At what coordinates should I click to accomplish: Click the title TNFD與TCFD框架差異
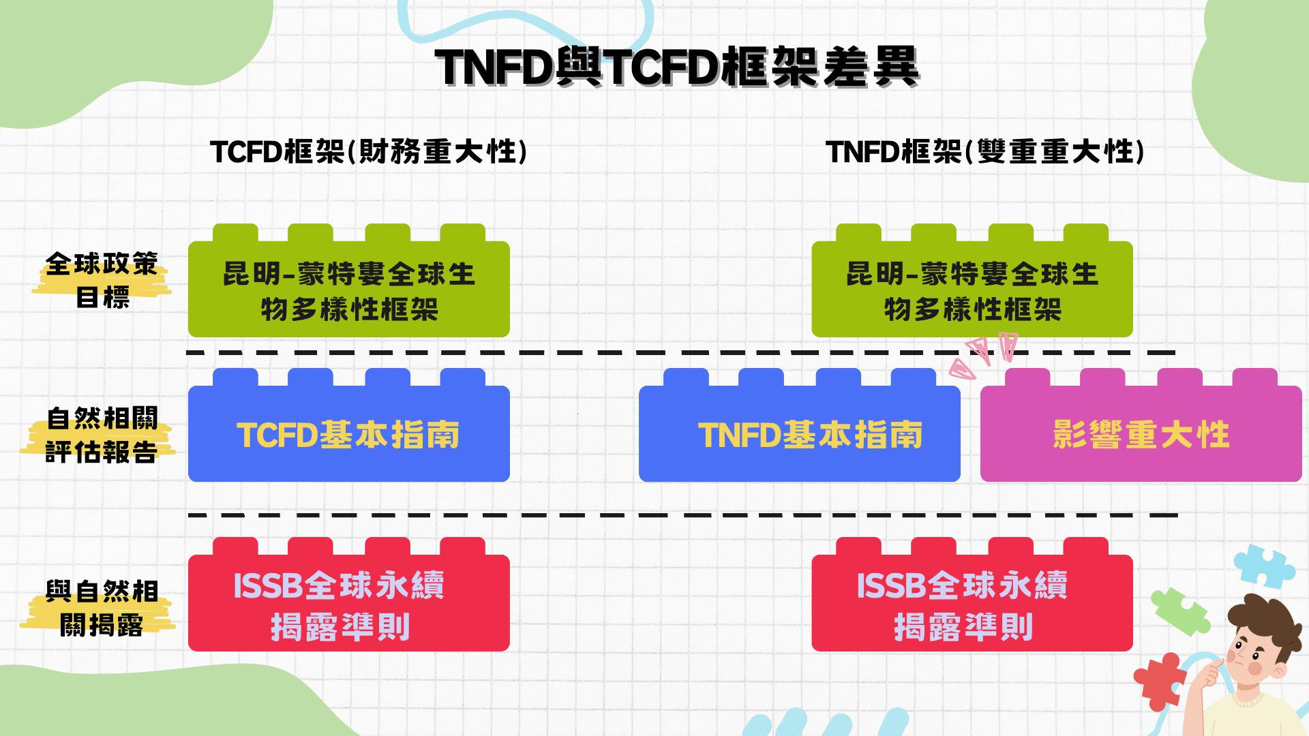[x=677, y=67]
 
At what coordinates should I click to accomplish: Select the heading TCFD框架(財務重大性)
[x=369, y=151]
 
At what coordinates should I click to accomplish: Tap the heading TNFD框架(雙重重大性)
[x=984, y=151]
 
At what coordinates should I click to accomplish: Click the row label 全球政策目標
[x=102, y=280]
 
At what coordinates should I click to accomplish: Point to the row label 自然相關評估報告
[x=102, y=435]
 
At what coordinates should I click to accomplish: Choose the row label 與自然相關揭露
[x=102, y=608]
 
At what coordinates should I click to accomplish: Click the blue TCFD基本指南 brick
[x=348, y=434]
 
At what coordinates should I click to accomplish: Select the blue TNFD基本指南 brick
[x=799, y=434]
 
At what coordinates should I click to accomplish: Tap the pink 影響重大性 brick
[x=1141, y=434]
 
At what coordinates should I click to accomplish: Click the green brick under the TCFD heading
[x=348, y=290]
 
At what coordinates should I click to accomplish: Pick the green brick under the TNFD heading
[x=972, y=290]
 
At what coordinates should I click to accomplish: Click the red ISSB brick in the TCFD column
[x=348, y=603]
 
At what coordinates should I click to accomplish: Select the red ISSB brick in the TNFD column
[x=972, y=603]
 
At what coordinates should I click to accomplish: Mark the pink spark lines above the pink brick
[x=982, y=354]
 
